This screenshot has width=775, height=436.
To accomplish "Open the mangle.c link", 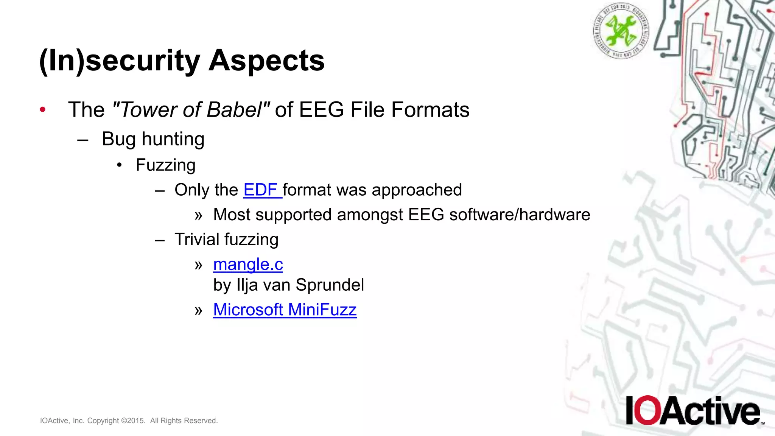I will click(x=248, y=265).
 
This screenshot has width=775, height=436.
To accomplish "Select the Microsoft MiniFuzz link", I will click(x=285, y=310).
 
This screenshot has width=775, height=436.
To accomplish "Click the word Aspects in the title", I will click(x=266, y=61).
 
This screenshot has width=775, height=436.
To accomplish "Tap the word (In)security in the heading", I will click(x=120, y=61).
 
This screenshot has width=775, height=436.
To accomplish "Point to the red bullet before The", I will click(x=43, y=110).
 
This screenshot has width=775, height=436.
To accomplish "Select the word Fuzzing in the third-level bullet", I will click(x=165, y=165).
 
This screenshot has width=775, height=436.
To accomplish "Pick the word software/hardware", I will click(x=520, y=215).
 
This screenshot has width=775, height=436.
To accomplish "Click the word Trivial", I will click(x=196, y=240).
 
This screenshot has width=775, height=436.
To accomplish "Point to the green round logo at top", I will click(x=621, y=30).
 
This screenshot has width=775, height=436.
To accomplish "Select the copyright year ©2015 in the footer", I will click(x=133, y=421).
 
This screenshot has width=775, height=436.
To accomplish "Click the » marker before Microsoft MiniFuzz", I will click(x=199, y=310).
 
